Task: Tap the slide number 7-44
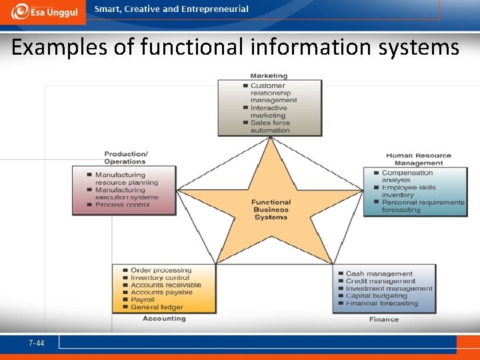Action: pyautogui.click(x=37, y=343)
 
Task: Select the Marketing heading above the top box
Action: pyautogui.click(x=269, y=76)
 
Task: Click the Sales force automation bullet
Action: pyautogui.click(x=270, y=127)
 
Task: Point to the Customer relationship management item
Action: pyautogui.click(x=273, y=93)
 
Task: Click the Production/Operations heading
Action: pyautogui.click(x=125, y=158)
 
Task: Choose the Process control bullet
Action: pyautogui.click(x=123, y=205)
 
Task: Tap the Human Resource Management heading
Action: pyautogui.click(x=418, y=159)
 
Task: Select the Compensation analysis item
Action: pyautogui.click(x=407, y=177)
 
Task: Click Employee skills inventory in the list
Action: pyautogui.click(x=408, y=191)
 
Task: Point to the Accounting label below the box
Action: pyautogui.click(x=164, y=319)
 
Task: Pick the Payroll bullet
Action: pyautogui.click(x=143, y=300)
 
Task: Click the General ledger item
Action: pyautogui.click(x=157, y=307)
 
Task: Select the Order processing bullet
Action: pyautogui.click(x=161, y=271)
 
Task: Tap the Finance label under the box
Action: pyautogui.click(x=384, y=319)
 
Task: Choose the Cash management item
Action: pyautogui.click(x=379, y=274)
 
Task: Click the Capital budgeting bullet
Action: pyautogui.click(x=376, y=296)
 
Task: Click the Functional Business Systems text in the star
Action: pyautogui.click(x=271, y=209)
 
